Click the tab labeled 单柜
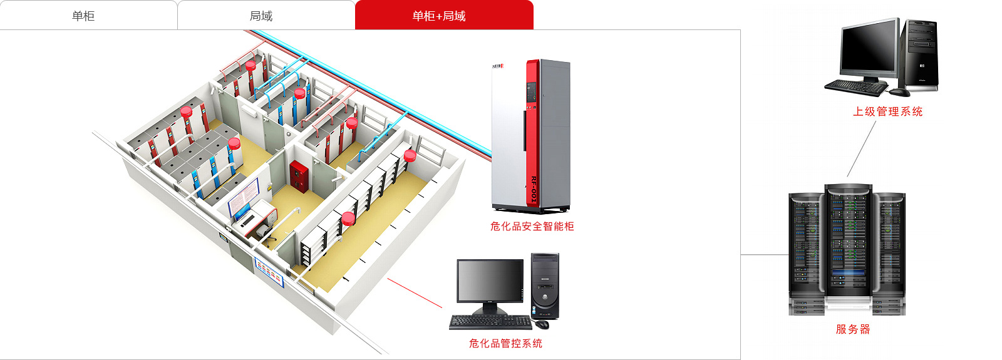(x=83, y=16)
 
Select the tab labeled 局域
(x=261, y=16)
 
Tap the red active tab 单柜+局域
(x=439, y=16)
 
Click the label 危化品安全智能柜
(x=532, y=226)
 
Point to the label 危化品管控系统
(x=505, y=343)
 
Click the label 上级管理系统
(x=887, y=111)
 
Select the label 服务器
(x=853, y=329)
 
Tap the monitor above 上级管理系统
(x=869, y=48)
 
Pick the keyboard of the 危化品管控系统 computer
(x=489, y=322)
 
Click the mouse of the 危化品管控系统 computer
(x=542, y=324)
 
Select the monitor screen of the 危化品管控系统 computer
(x=490, y=280)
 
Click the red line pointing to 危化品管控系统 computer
(x=415, y=292)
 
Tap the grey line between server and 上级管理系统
(x=862, y=149)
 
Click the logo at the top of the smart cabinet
(x=498, y=66)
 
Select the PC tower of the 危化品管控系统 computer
(x=544, y=285)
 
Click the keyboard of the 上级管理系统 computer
(x=856, y=87)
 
